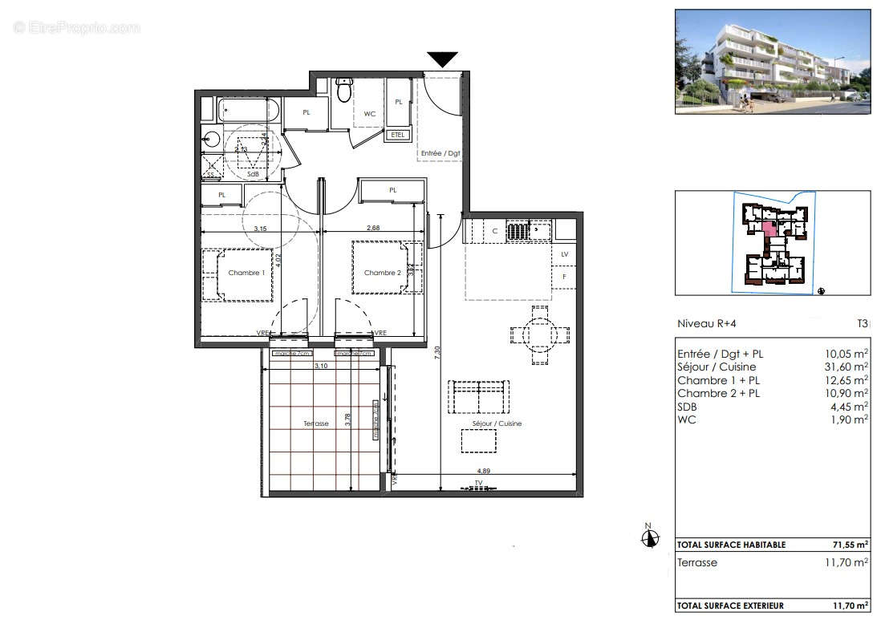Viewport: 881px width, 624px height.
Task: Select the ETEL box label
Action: pyautogui.click(x=397, y=135)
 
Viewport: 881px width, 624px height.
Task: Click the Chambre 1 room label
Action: pyautogui.click(x=246, y=273)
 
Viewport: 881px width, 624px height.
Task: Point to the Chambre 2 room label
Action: pyautogui.click(x=382, y=273)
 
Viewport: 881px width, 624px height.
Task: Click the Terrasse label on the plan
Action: pyautogui.click(x=316, y=423)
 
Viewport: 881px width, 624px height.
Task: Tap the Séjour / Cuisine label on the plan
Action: pyautogui.click(x=498, y=423)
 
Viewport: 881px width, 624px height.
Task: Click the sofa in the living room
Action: pyautogui.click(x=478, y=395)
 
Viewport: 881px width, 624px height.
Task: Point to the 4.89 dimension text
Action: pyautogui.click(x=484, y=472)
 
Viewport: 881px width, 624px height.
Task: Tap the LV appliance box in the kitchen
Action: pyautogui.click(x=564, y=254)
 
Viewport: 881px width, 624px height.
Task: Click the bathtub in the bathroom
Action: pyautogui.click(x=250, y=110)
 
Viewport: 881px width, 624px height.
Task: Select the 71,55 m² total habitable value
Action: pyautogui.click(x=851, y=545)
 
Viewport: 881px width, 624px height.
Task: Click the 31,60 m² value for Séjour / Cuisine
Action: pyautogui.click(x=849, y=367)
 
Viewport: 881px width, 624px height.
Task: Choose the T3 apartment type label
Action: pyautogui.click(x=862, y=324)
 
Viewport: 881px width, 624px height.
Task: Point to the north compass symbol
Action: pyautogui.click(x=651, y=537)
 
